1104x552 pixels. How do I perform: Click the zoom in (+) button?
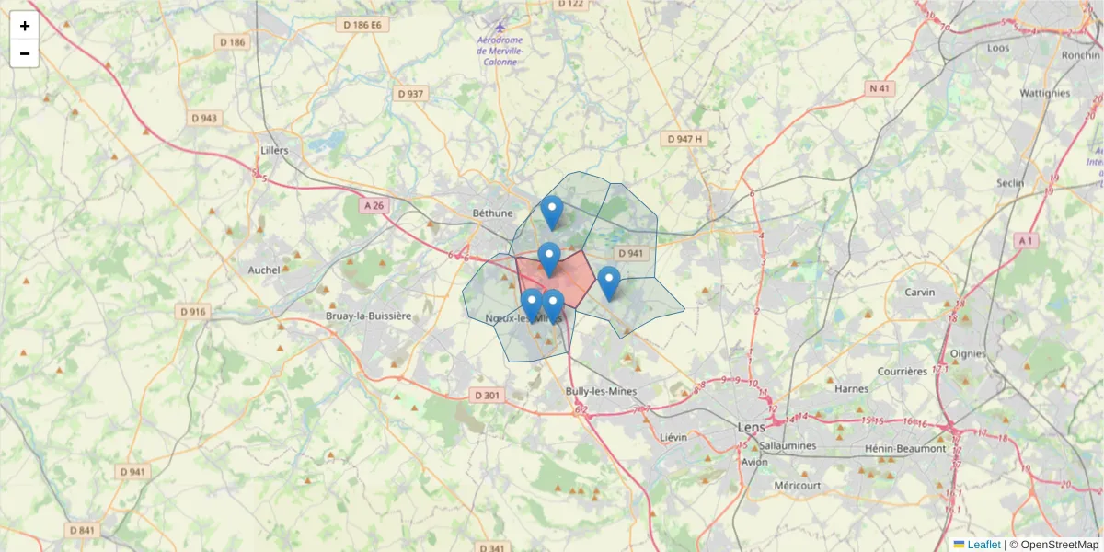pos(25,26)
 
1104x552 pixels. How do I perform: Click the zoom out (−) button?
pos(25,53)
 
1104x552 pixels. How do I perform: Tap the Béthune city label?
pos(492,213)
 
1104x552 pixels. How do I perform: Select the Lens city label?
pos(751,427)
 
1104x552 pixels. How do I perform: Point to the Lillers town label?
pos(274,150)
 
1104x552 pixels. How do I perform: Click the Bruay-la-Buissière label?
pos(368,316)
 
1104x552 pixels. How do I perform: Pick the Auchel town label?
pos(263,270)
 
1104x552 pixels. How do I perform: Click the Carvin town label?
pos(919,292)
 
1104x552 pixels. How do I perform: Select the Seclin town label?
pos(1010,183)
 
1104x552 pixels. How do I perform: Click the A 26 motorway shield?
pos(374,206)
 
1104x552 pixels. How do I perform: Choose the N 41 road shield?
pos(880,88)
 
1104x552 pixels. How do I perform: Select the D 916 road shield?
pos(193,312)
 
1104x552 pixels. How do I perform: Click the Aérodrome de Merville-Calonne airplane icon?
pos(500,27)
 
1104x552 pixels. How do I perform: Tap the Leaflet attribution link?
pos(983,545)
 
